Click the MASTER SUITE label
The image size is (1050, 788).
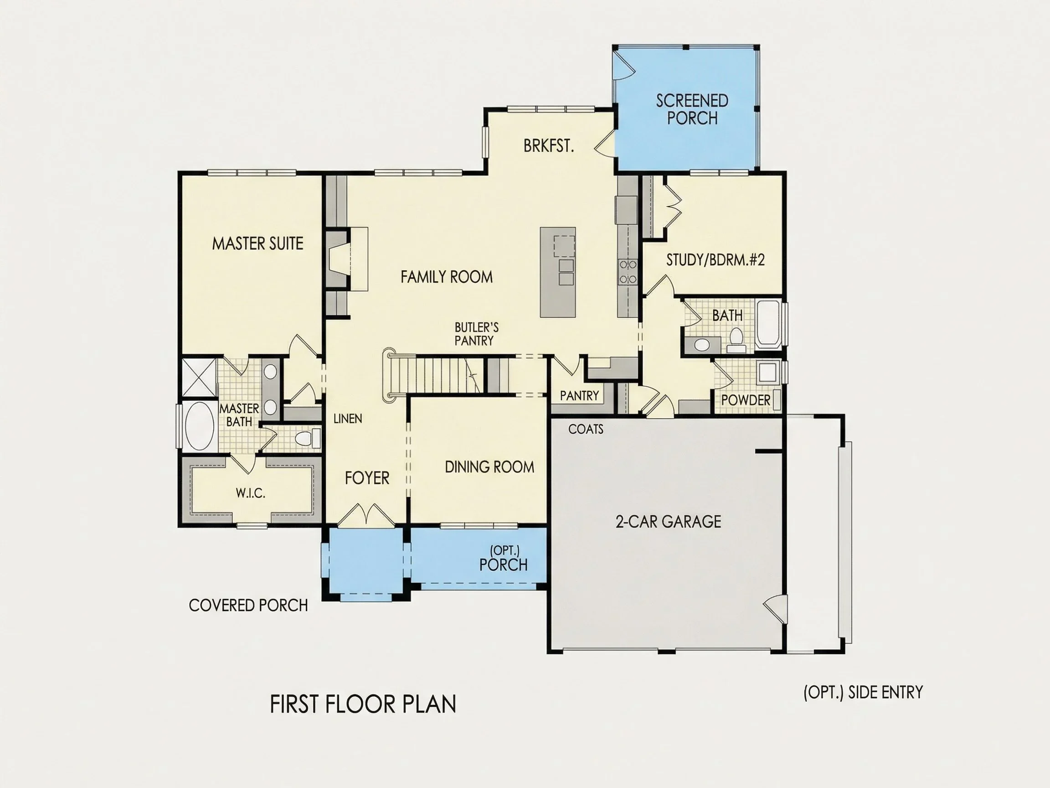click(x=257, y=244)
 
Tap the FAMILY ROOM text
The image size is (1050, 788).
click(x=446, y=277)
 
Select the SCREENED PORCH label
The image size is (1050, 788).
click(x=692, y=109)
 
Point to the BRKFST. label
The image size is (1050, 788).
click(x=549, y=146)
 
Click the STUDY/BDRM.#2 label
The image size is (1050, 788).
click(x=715, y=260)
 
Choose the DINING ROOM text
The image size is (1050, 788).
click(x=489, y=467)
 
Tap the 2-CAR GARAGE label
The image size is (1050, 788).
click(x=669, y=522)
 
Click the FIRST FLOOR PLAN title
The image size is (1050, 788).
click(x=363, y=704)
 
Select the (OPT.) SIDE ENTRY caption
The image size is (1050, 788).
click(x=863, y=693)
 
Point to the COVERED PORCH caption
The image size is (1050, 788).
click(x=248, y=605)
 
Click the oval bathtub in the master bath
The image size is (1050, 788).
click(x=198, y=426)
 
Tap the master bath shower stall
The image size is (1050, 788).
click(x=199, y=378)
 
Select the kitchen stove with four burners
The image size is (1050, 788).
click(x=628, y=272)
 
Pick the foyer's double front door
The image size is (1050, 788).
click(x=366, y=516)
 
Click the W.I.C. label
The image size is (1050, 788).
click(x=251, y=493)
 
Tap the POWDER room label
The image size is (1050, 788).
click(x=746, y=400)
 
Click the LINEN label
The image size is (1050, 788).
click(x=347, y=419)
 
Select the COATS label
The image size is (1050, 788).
click(x=586, y=429)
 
